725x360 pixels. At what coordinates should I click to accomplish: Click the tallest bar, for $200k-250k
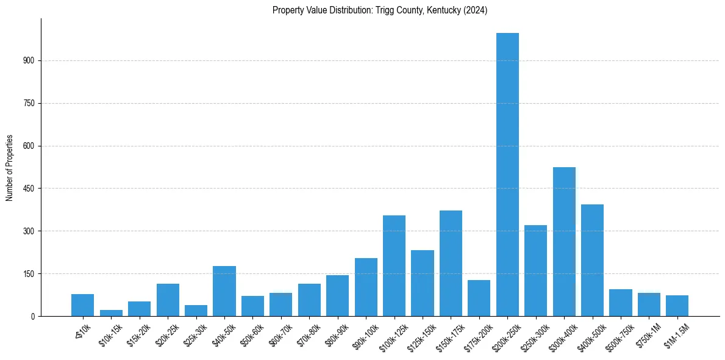[x=507, y=175]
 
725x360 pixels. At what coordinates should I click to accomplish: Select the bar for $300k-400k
[x=564, y=242]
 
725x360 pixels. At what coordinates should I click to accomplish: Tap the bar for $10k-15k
[x=111, y=313]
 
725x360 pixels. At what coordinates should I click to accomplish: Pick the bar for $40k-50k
[x=224, y=291]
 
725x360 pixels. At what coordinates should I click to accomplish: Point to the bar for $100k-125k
[x=394, y=265]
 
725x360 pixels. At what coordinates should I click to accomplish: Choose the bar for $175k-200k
[x=479, y=298]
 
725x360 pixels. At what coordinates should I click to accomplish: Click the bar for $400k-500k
[x=592, y=260]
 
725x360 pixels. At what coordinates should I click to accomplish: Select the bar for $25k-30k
[x=196, y=311]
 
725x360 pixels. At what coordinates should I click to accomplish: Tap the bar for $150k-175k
[x=451, y=263]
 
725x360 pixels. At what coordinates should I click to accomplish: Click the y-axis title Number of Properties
[x=10, y=167]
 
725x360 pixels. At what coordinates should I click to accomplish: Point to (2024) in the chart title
[x=475, y=10]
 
